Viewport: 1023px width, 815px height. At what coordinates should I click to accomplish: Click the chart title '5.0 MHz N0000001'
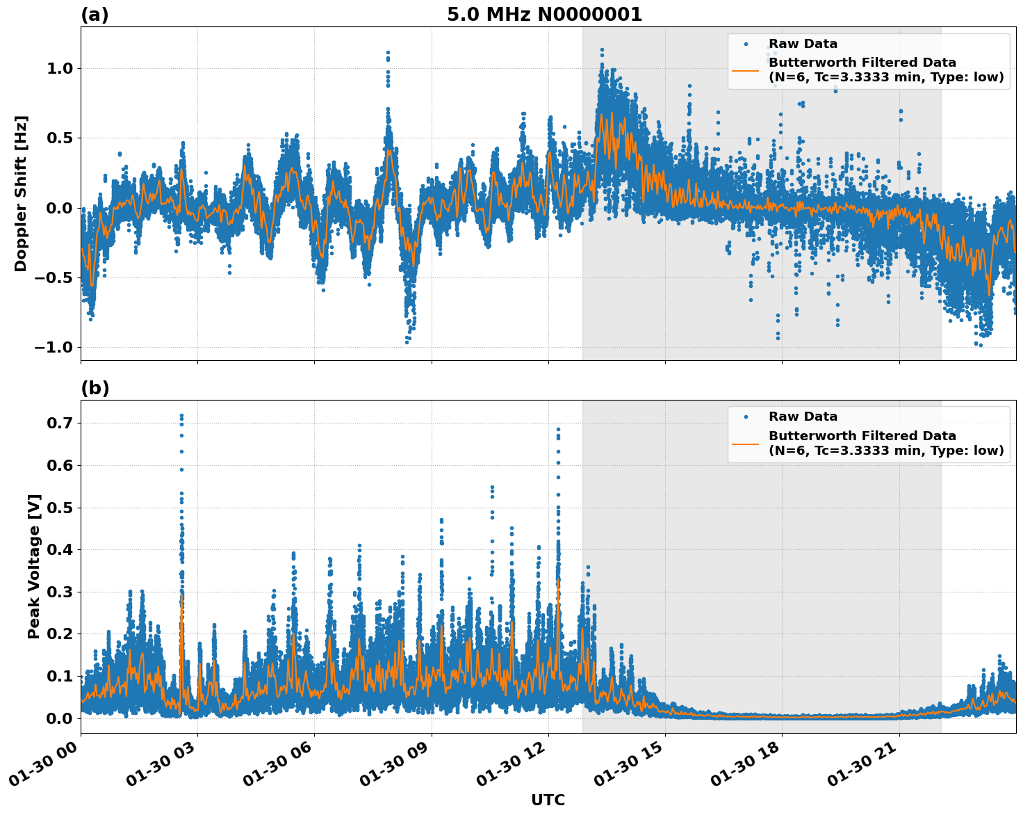[544, 15]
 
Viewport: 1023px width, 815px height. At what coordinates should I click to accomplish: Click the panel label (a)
[95, 15]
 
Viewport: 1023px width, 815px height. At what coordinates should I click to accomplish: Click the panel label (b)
[95, 388]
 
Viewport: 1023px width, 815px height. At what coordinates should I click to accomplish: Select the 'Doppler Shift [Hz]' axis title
[21, 193]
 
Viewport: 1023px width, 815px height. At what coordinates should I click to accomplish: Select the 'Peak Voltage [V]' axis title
[34, 566]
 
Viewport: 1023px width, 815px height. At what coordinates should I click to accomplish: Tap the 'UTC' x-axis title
[548, 800]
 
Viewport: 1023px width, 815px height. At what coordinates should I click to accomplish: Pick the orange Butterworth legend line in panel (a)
[746, 70]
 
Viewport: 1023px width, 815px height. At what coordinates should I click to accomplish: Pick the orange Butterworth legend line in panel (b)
[746, 443]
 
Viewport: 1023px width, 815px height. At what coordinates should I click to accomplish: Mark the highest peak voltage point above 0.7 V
[181, 416]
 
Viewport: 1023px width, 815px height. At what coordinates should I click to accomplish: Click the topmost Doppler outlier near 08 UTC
[388, 53]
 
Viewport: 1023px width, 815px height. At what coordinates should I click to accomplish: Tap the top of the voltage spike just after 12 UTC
[558, 430]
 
